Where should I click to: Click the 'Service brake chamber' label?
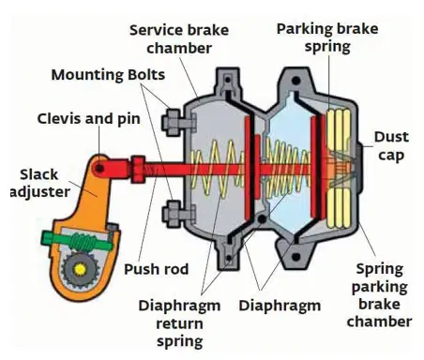pyautogui.click(x=179, y=39)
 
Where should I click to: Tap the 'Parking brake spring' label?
pyautogui.click(x=327, y=37)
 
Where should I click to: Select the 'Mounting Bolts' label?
pyautogui.click(x=108, y=75)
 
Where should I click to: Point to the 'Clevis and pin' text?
pyautogui.click(x=89, y=119)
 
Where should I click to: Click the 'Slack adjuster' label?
pyautogui.click(x=39, y=184)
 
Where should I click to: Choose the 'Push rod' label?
pyautogui.click(x=157, y=269)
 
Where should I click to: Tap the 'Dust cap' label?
pyautogui.click(x=391, y=146)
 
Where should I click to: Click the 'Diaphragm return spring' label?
pyautogui.click(x=179, y=323)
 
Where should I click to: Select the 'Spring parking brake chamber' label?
pyautogui.click(x=379, y=295)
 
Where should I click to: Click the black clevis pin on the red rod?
pyautogui.click(x=99, y=169)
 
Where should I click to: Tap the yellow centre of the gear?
pyautogui.click(x=80, y=269)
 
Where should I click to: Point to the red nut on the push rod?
pyautogui.click(x=138, y=169)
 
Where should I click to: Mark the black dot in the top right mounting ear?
pyautogui.click(x=295, y=81)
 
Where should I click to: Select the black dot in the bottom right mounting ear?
pyautogui.click(x=295, y=258)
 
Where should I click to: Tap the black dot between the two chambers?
pyautogui.click(x=262, y=219)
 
